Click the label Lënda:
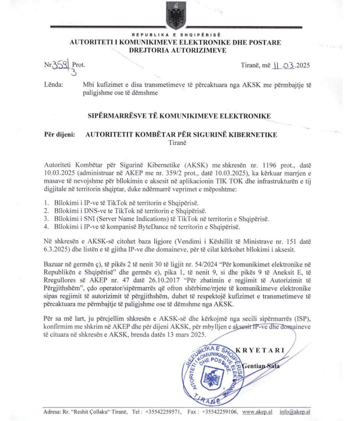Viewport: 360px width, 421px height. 53,85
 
